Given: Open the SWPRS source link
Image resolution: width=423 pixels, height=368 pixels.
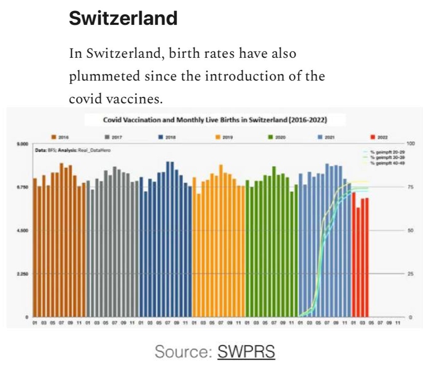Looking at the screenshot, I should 246,351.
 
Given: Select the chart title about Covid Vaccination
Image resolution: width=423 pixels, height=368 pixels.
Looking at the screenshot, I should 216,120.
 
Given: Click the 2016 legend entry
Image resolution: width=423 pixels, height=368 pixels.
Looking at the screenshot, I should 60,137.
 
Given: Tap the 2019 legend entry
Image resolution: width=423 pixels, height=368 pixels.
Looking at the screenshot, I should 220,137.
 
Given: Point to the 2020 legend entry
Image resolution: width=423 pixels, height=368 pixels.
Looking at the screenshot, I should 273,137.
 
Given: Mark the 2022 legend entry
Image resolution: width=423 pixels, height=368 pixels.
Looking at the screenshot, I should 379,137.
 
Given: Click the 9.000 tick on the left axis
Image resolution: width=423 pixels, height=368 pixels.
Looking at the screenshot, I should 22,144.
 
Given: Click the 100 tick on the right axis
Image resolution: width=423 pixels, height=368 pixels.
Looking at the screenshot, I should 413,144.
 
